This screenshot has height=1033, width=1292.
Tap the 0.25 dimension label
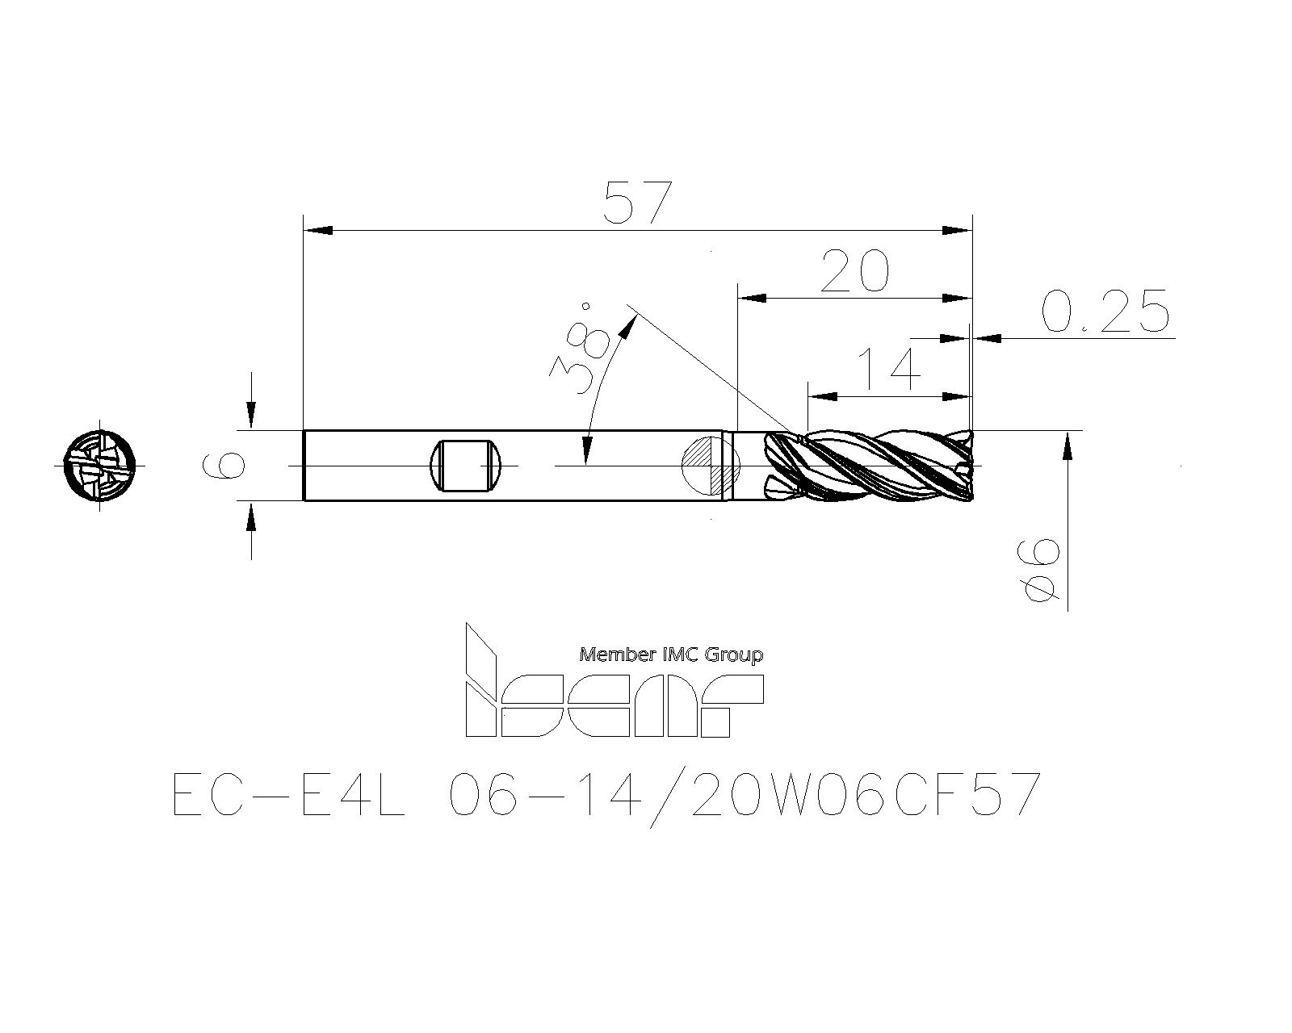point(1105,311)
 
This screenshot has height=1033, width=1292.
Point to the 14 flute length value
point(889,369)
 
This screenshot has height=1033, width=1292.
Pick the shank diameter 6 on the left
point(224,465)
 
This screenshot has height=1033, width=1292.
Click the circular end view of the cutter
point(99,466)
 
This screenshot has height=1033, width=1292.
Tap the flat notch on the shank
point(464,465)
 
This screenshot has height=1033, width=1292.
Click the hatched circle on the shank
point(711,465)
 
